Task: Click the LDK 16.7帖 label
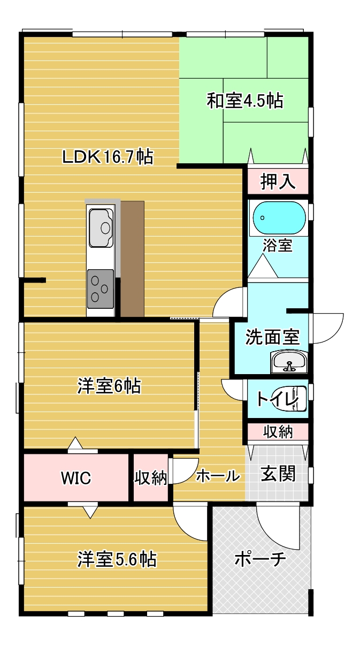tap(108, 157)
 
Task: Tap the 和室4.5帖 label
tap(244, 101)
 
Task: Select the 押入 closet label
tap(278, 181)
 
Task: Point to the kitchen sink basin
tap(101, 228)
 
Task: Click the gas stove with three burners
tap(101, 288)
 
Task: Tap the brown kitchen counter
tap(132, 259)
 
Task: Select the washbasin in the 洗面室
tap(289, 362)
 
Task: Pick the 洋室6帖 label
tap(109, 386)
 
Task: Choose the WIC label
tap(76, 478)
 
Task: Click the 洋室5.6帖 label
tap(117, 559)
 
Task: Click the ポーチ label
tap(261, 559)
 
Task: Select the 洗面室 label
tap(272, 337)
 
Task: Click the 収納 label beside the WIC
tap(151, 478)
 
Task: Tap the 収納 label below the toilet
tap(278, 432)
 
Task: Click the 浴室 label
tap(278, 246)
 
